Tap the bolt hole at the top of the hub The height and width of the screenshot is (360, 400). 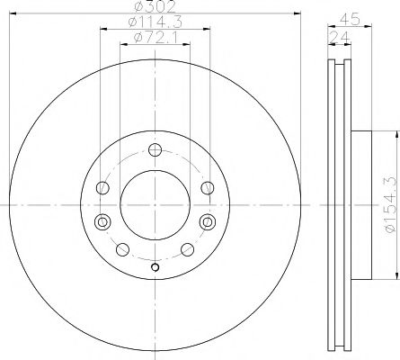155,150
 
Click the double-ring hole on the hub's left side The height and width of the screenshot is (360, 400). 101,220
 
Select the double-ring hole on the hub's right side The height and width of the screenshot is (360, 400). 209,220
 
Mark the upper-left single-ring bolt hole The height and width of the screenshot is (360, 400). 102,187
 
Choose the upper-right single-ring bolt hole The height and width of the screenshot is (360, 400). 208,187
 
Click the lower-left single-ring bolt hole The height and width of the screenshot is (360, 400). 122,249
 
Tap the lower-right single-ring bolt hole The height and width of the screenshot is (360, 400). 187,249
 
